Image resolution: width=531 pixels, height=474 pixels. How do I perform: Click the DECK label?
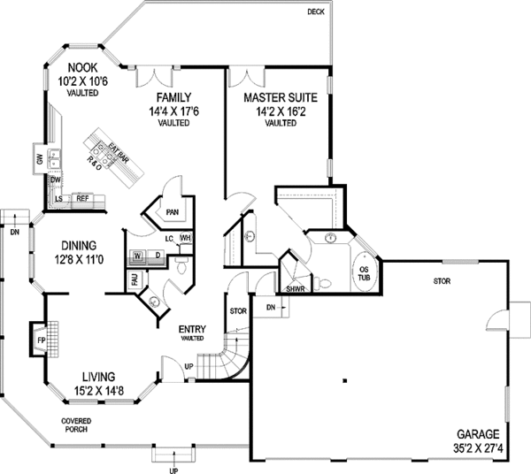(x=316, y=11)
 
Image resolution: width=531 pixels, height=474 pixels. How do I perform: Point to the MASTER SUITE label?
(x=281, y=97)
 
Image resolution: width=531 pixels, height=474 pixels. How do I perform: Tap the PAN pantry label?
(x=172, y=212)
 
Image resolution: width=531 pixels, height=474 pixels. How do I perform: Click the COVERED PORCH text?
(x=78, y=424)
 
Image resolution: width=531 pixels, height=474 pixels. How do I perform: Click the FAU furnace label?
(x=135, y=280)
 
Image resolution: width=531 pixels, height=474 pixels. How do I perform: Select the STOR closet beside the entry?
(x=236, y=311)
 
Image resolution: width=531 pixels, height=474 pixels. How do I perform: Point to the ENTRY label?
(x=192, y=327)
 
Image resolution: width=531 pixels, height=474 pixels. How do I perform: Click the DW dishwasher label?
(x=54, y=180)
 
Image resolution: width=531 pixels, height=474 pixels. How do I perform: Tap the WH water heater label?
(x=186, y=238)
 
